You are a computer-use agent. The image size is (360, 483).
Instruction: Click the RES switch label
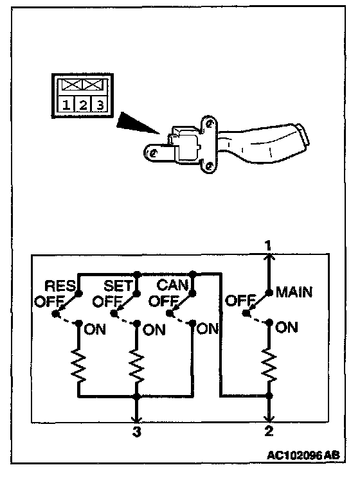point(60,286)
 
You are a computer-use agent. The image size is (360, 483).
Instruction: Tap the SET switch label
point(118,286)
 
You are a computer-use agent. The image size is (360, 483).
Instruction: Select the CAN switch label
point(172,285)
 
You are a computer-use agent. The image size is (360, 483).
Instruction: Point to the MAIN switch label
point(294,292)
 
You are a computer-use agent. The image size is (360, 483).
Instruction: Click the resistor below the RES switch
point(78,365)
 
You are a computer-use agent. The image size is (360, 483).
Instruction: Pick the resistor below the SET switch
point(136,365)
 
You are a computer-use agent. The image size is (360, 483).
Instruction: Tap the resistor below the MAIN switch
point(269,364)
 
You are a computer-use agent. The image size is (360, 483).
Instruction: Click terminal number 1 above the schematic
point(268,246)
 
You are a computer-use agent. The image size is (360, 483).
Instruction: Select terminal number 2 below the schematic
point(269,430)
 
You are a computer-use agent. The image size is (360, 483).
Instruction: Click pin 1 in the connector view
point(66,105)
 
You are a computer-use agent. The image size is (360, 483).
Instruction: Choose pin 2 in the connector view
point(83,105)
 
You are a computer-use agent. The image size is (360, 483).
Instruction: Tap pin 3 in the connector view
point(100,105)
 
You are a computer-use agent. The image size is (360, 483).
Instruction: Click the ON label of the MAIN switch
point(287,327)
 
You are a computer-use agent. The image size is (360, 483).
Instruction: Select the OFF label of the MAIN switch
point(240,300)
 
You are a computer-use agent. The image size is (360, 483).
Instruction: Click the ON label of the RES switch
point(94,329)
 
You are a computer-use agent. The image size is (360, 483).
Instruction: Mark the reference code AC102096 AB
point(303,455)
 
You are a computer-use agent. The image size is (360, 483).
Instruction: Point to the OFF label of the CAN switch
point(164,301)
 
